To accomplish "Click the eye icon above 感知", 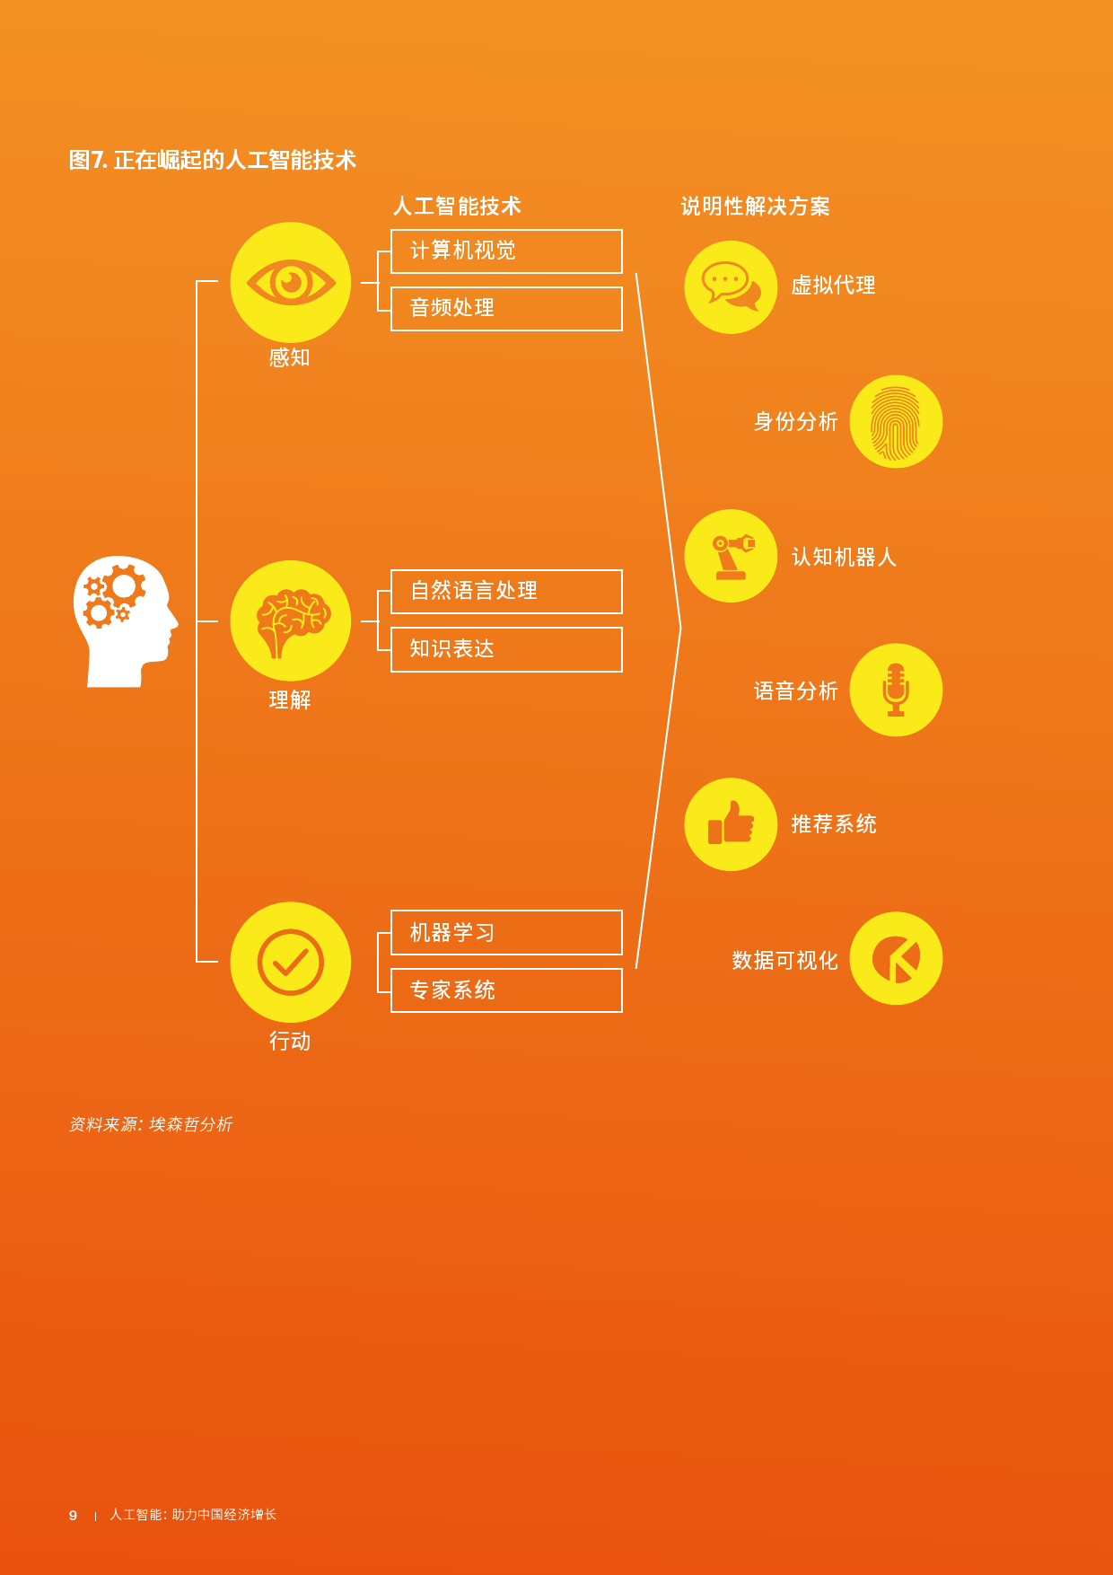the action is click(291, 282).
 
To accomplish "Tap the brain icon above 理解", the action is click(291, 620).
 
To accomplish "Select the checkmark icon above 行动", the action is click(291, 962).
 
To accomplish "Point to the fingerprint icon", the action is click(896, 421).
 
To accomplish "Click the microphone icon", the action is click(896, 690).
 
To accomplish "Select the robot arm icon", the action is click(731, 556).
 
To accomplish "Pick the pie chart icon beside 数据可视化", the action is click(896, 958).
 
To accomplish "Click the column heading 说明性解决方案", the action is click(755, 207).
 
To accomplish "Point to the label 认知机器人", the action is click(844, 557).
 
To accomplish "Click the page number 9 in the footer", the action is click(73, 1515).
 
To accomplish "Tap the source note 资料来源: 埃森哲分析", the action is click(151, 1124).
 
